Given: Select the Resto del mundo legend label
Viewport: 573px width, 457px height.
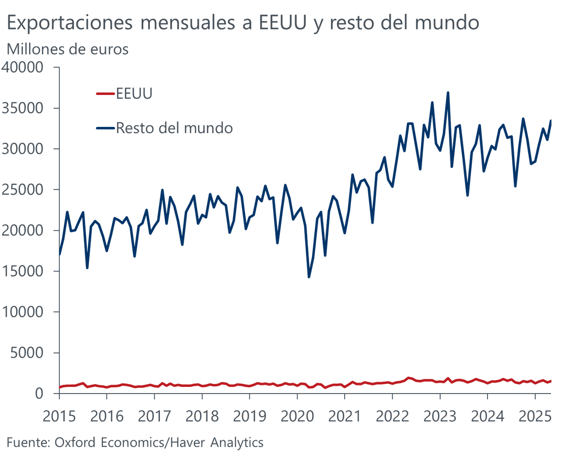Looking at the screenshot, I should tap(174, 128).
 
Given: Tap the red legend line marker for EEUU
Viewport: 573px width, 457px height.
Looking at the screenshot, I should tap(106, 94).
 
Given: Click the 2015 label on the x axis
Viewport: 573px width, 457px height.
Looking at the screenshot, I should tap(59, 416).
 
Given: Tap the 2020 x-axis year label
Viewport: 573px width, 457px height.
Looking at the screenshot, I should tap(297, 416).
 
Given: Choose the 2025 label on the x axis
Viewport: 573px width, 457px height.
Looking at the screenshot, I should tap(535, 416).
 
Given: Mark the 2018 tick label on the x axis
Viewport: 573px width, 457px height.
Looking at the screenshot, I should tap(202, 416).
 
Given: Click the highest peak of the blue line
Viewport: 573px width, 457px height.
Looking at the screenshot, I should tap(448, 93).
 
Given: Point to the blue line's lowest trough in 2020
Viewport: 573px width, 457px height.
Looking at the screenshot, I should tap(309, 277).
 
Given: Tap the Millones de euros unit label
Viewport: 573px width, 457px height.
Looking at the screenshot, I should tap(67, 49).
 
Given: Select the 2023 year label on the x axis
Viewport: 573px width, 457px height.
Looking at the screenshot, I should tap(440, 416).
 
